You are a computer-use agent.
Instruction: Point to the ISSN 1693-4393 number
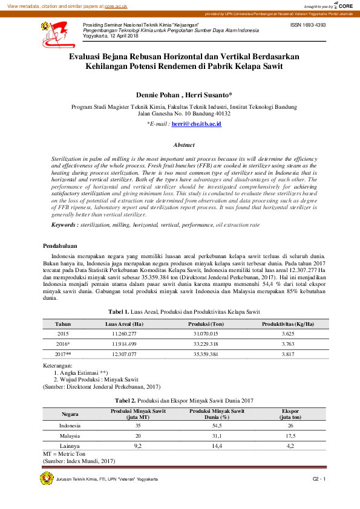pyautogui.click(x=308, y=25)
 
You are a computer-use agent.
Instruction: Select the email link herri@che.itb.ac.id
pyautogui.click(x=197, y=123)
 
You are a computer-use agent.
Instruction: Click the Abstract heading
pyautogui.click(x=184, y=145)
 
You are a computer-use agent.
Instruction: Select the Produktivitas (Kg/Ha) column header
pyautogui.click(x=287, y=324)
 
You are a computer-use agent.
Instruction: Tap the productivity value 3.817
pyautogui.click(x=287, y=353)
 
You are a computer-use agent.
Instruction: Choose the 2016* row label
pyautogui.click(x=64, y=343)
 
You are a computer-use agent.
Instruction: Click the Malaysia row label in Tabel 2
pyautogui.click(x=70, y=435)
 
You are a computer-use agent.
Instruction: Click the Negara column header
pyautogui.click(x=70, y=414)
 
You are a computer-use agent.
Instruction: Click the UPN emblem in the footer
pyautogui.click(x=47, y=479)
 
